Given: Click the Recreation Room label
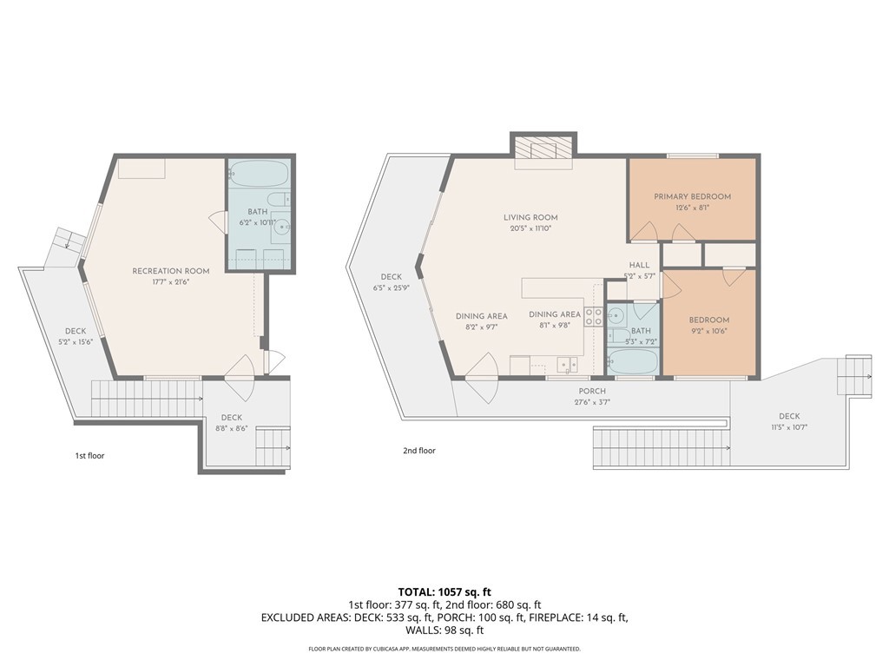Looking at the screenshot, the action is click(171, 271).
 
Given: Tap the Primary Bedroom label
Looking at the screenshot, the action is click(692, 197).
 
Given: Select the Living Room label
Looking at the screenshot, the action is click(530, 217).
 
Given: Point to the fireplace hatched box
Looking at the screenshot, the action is click(543, 149).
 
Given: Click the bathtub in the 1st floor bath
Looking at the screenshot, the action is click(258, 174).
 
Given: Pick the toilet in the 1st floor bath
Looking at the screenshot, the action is click(279, 200).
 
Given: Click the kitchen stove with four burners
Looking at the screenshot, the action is click(594, 316).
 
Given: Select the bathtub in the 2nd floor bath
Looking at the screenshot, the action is click(632, 361).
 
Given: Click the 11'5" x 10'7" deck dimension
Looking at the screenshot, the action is click(789, 427).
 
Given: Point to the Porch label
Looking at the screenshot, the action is click(592, 392).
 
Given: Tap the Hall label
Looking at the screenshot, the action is click(639, 265).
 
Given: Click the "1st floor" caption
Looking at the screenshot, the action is click(89, 455).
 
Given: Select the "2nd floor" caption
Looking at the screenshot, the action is click(419, 451).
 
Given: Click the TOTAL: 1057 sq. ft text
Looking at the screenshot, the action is click(444, 592).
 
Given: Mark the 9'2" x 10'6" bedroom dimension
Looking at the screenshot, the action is click(708, 331).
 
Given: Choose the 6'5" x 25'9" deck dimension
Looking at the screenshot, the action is click(392, 287).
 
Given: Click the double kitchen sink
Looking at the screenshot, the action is click(567, 364).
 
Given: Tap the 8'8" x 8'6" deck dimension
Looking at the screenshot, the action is click(231, 429).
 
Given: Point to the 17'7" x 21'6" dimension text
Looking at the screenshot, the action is click(171, 282).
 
